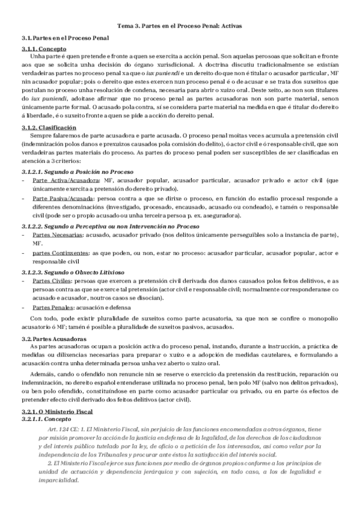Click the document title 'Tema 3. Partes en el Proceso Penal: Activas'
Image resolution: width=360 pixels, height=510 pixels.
point(180,26)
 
